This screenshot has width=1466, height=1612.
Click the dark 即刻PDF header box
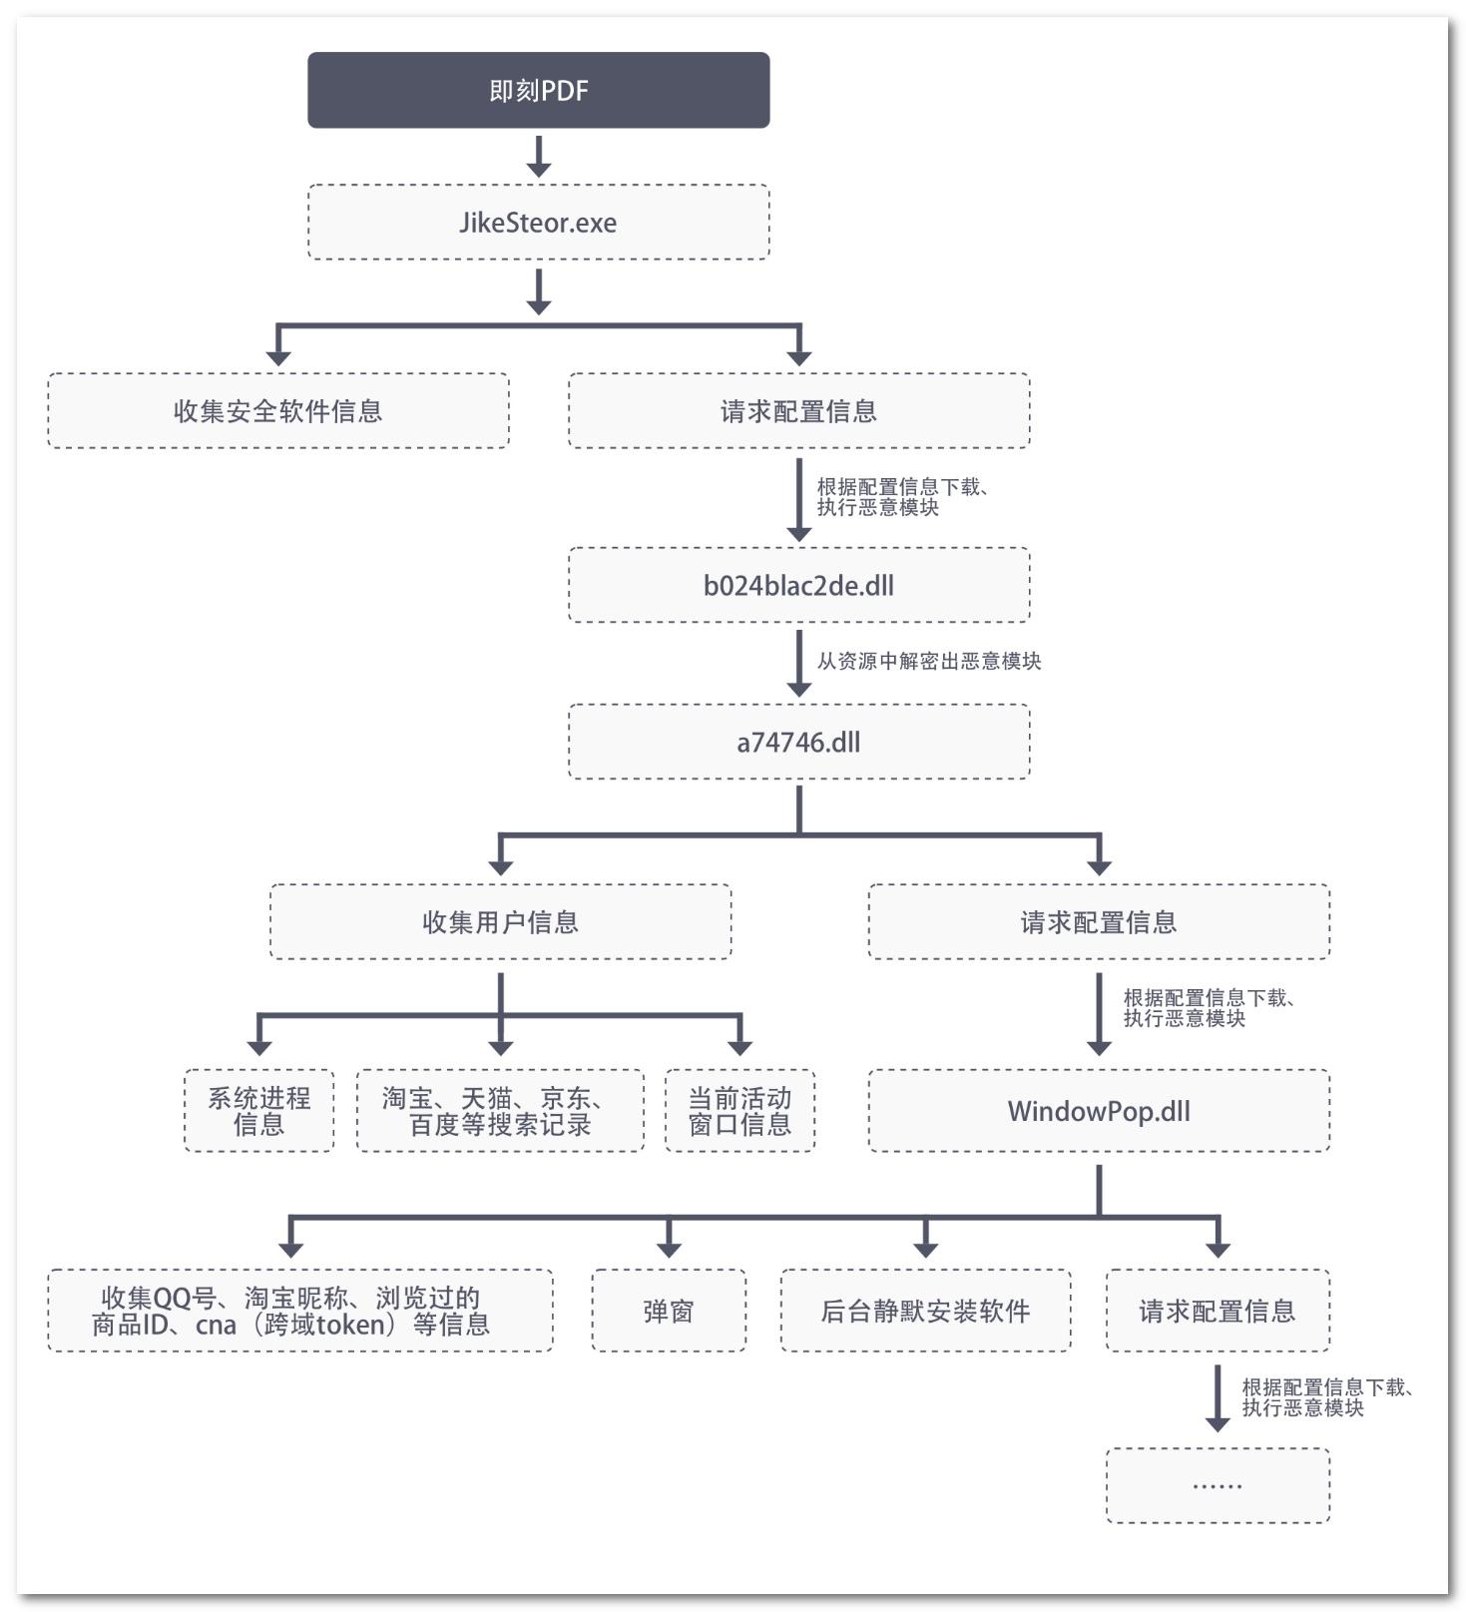point(538,90)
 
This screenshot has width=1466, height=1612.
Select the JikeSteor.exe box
point(538,222)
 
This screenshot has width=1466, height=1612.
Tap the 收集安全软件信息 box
point(277,410)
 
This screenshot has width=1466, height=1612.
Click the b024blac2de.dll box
point(798,585)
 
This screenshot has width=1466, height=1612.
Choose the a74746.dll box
point(798,742)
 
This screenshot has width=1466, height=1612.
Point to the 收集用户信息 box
point(500,921)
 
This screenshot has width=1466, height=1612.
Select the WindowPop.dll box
point(1098,1111)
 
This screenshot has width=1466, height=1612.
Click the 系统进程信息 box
point(258,1111)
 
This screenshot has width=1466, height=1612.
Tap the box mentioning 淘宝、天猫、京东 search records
point(500,1111)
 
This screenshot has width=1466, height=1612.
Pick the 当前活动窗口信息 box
point(739,1111)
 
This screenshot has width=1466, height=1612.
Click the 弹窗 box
point(668,1311)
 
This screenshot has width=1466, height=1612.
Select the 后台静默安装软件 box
point(925,1311)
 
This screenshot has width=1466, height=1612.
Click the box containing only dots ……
point(1217,1485)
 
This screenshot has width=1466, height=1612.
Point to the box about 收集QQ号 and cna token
point(299,1311)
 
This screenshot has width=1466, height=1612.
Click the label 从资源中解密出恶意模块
point(928,661)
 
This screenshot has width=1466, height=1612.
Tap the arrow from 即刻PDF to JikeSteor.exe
point(539,156)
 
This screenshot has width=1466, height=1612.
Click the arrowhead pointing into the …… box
point(1217,1423)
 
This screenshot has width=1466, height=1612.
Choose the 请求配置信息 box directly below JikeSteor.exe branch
point(798,410)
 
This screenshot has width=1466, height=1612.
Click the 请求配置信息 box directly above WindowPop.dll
point(1098,921)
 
